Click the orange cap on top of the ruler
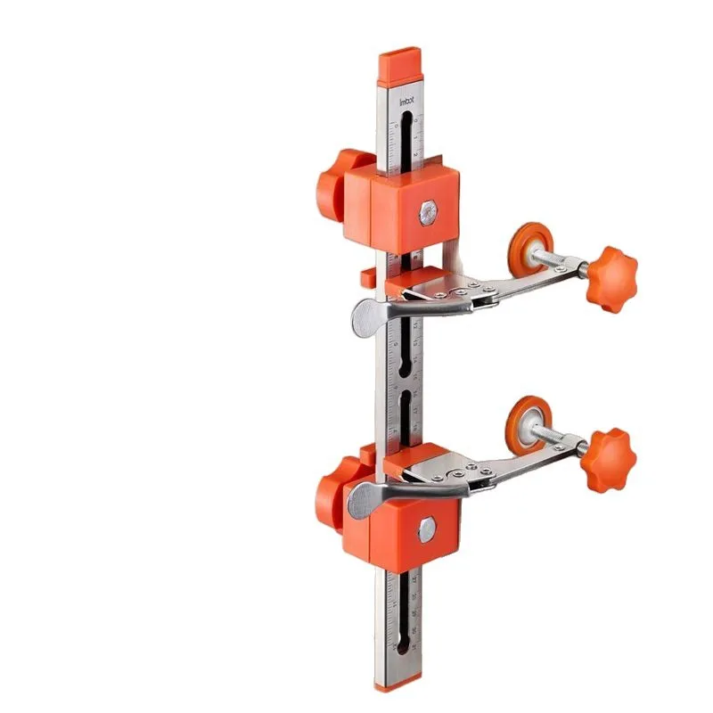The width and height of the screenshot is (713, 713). [x=398, y=66]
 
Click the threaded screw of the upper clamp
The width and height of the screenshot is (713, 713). [x=559, y=261]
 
